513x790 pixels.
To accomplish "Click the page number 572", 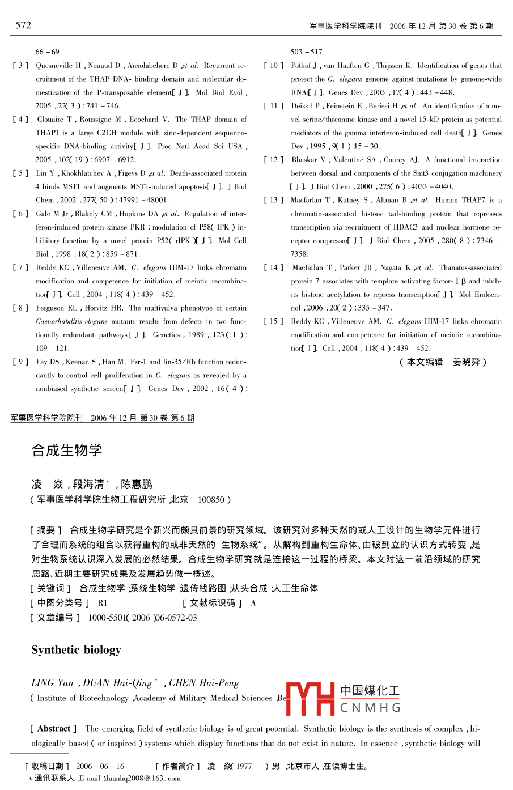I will point(23,25).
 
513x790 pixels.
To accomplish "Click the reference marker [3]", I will point(20,66).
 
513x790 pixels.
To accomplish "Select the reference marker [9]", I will point(20,362).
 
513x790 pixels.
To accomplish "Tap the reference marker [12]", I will point(273,160).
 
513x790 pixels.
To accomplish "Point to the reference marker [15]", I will point(273,321).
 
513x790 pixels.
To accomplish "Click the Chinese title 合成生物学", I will point(67,451).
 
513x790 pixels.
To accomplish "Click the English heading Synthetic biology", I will point(76,650).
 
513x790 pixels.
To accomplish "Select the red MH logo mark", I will point(311,698).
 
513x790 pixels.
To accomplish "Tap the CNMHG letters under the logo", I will point(370,708).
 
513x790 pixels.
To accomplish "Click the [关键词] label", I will point(50,588).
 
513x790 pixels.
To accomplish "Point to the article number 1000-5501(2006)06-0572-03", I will point(142,618).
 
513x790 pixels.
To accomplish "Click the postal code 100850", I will point(211,500).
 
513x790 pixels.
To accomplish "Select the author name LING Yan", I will point(53,683).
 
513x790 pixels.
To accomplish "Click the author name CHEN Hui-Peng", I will point(204,683).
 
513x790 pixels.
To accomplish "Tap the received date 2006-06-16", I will point(100,766).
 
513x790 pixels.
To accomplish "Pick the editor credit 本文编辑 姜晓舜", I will point(443,362).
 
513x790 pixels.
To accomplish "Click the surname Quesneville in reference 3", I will point(54,66).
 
